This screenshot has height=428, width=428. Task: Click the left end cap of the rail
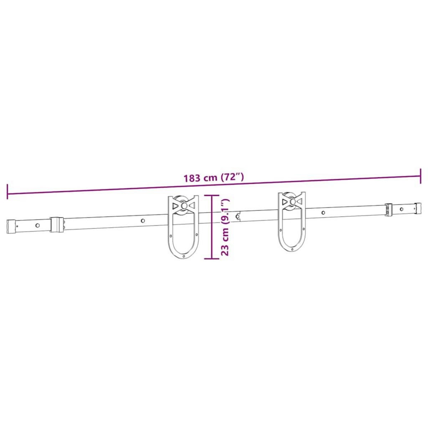click(x=11, y=226)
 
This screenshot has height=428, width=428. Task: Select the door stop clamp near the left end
click(x=56, y=224)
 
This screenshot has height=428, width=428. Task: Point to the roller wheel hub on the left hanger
click(x=183, y=206)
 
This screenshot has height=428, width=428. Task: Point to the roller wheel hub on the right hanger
click(x=292, y=202)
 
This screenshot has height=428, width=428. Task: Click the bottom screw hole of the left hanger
click(x=183, y=256)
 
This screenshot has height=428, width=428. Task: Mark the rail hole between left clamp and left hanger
click(x=143, y=221)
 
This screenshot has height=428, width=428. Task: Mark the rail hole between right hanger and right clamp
click(x=323, y=213)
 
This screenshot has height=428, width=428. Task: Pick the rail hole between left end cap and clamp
click(x=37, y=225)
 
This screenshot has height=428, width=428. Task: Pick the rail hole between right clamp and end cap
click(x=402, y=209)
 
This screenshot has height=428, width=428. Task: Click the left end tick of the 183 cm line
click(x=7, y=192)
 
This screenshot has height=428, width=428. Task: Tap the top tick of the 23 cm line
click(x=212, y=195)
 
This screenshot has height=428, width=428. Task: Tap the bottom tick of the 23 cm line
click(x=212, y=259)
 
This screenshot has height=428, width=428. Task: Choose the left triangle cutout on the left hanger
click(x=175, y=206)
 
